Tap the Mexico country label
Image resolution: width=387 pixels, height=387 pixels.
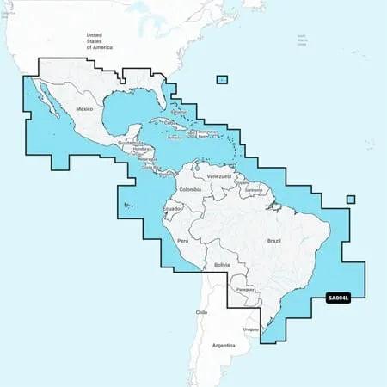[x=84, y=109]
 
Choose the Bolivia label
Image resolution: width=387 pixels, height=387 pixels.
[x=221, y=265]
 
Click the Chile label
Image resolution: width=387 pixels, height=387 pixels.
[x=202, y=311]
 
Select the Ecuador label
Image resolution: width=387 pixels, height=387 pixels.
[x=172, y=209]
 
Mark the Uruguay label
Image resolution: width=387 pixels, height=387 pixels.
[x=251, y=329]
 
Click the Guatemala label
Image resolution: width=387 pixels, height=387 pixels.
[x=129, y=144]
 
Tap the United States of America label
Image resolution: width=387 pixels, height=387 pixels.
[x=94, y=40]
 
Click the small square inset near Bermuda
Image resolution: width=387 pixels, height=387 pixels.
[x=222, y=80]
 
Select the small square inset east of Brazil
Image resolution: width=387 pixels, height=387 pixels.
[x=350, y=200]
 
